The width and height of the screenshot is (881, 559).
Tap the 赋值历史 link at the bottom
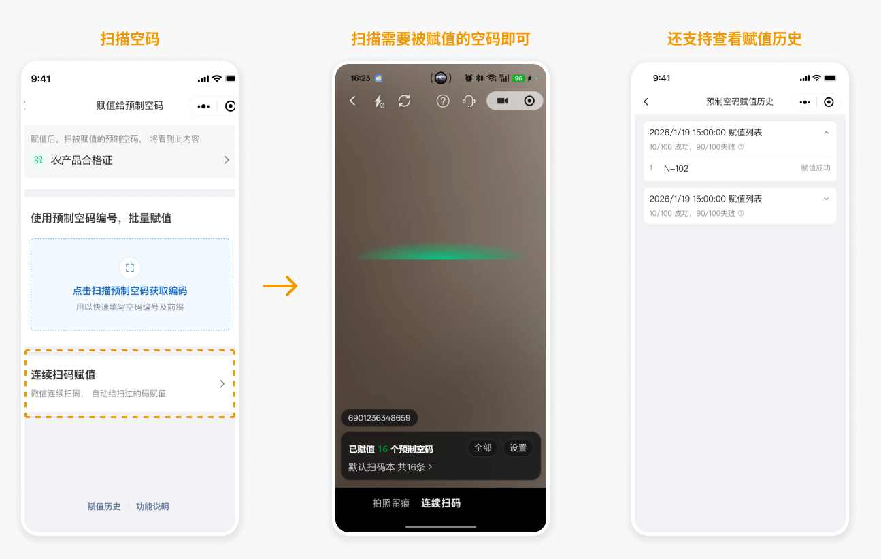tap(104, 507)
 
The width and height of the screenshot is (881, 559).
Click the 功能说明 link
tap(152, 507)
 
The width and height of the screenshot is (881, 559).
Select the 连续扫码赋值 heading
tap(63, 374)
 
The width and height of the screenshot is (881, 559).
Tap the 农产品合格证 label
tap(82, 160)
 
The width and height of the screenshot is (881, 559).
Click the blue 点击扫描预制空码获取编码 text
tap(130, 291)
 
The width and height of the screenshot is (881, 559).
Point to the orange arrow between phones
tap(280, 286)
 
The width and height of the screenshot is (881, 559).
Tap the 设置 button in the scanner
tap(518, 448)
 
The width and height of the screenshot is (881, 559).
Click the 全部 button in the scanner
tap(482, 448)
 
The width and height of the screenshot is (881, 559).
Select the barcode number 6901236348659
tap(379, 417)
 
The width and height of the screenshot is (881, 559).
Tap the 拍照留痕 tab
tap(391, 503)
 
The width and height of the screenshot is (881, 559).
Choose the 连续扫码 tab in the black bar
tap(441, 503)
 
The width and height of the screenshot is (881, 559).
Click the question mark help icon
tap(442, 101)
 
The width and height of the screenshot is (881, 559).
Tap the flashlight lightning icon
tap(379, 101)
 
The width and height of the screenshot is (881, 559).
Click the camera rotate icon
tap(404, 101)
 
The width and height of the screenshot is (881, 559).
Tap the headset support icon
tap(469, 101)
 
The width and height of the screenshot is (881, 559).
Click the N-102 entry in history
tap(676, 168)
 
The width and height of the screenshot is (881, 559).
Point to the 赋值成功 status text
tap(816, 168)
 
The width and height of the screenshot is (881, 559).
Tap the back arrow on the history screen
tap(646, 102)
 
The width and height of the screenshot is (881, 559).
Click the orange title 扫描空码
tap(129, 39)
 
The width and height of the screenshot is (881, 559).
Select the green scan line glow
tap(441, 252)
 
